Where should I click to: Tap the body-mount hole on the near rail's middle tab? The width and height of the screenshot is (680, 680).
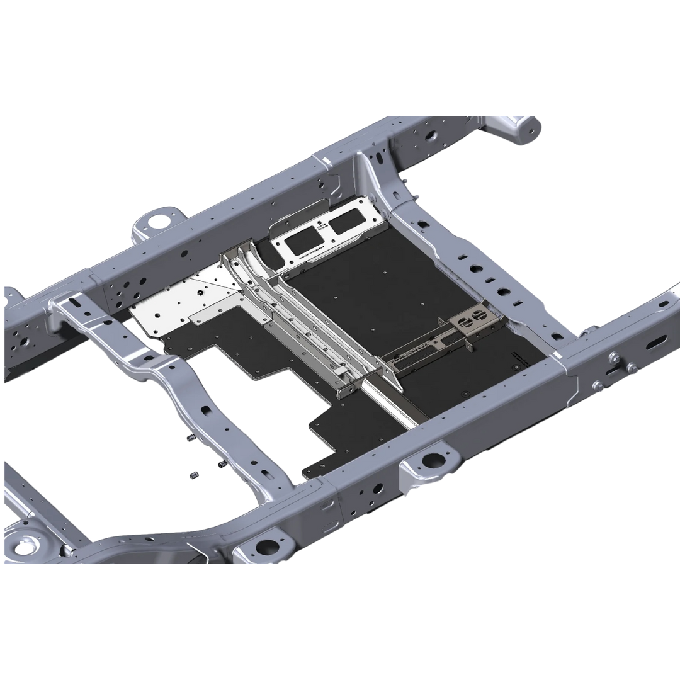click(433, 460)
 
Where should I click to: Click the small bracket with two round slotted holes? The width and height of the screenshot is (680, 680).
click(472, 322)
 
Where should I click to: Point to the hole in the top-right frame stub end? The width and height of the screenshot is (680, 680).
click(533, 132)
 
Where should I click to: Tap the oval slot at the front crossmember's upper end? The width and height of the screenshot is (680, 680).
click(74, 303)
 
